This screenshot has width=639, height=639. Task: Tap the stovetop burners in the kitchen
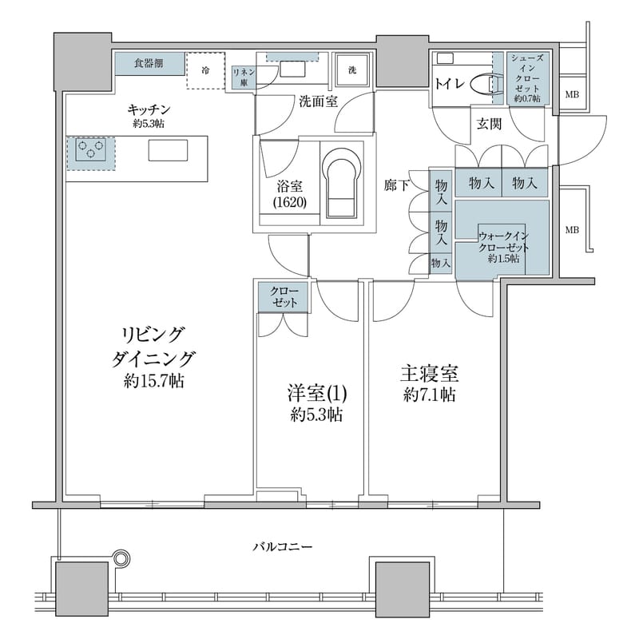click(x=91, y=151)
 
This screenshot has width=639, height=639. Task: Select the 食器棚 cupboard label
click(x=149, y=63)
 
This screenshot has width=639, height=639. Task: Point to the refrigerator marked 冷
click(x=206, y=70)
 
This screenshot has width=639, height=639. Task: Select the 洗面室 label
click(x=319, y=101)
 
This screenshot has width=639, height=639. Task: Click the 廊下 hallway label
click(x=396, y=185)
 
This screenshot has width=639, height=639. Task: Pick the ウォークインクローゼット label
click(x=503, y=247)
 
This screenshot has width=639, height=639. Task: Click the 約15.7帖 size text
click(x=154, y=382)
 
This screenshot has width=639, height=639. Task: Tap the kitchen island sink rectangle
click(x=168, y=150)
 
